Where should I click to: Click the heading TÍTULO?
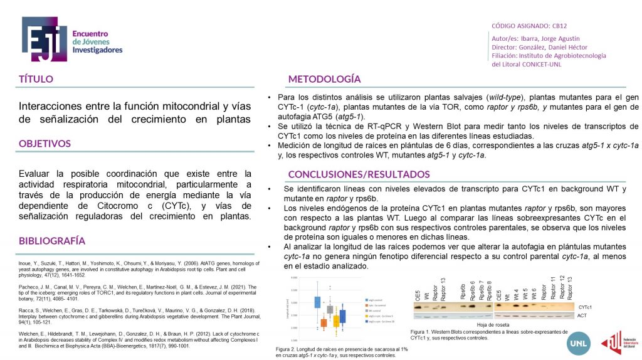coord(36,79)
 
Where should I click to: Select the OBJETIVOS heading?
coord(45,144)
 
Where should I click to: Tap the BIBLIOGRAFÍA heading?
coord(52,241)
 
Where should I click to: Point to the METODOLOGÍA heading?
coord(324,79)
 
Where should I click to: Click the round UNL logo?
coord(577,342)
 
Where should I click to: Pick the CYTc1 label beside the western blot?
coord(585,307)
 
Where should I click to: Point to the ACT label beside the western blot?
coord(582,317)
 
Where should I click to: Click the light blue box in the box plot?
coord(317,302)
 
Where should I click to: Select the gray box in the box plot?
coord(330,309)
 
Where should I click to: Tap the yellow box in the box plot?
coord(336,320)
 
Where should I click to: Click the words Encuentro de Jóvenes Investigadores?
coord(97,41)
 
